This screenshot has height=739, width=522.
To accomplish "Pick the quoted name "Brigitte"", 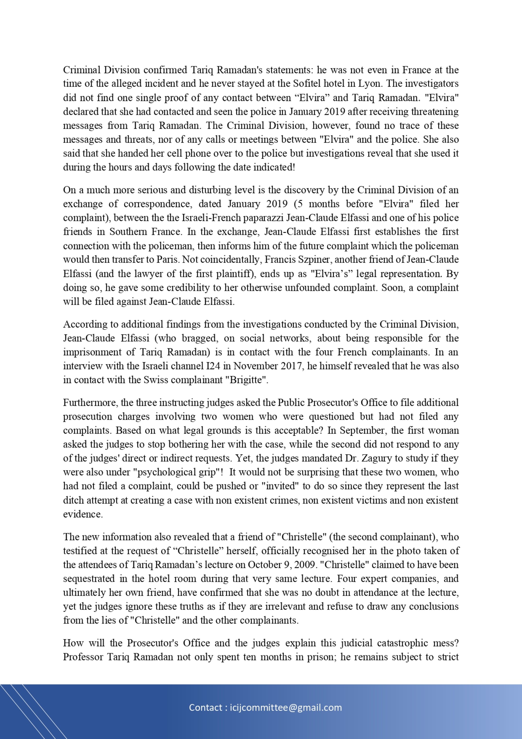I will pyautogui.click(x=248, y=380).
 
